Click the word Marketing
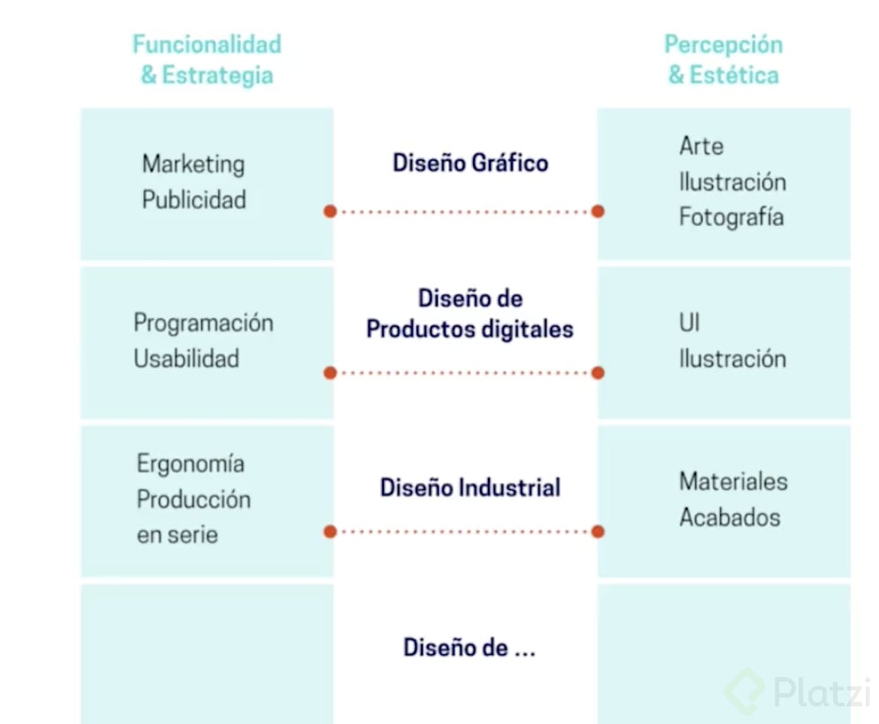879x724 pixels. [x=193, y=164]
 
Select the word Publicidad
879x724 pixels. [x=194, y=200]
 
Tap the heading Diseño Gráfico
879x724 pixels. [x=470, y=162]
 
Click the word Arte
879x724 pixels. [x=702, y=146]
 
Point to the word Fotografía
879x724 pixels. [x=731, y=217]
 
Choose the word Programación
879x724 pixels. [x=203, y=322]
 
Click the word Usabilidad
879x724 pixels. [x=186, y=358]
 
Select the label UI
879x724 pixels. [x=689, y=323]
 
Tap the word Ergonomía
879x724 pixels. [x=191, y=464]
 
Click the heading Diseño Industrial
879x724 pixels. [x=470, y=487]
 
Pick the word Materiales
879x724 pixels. [x=733, y=481]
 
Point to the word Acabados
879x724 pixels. [x=730, y=517]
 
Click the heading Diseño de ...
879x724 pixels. [x=470, y=647]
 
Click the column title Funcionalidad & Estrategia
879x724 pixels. [x=207, y=59]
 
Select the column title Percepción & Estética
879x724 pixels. [x=724, y=59]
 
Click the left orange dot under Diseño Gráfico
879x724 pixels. [x=329, y=212]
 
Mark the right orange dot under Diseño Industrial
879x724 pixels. [x=597, y=532]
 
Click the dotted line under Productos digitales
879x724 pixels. [x=463, y=373]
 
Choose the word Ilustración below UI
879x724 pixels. [x=732, y=358]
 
